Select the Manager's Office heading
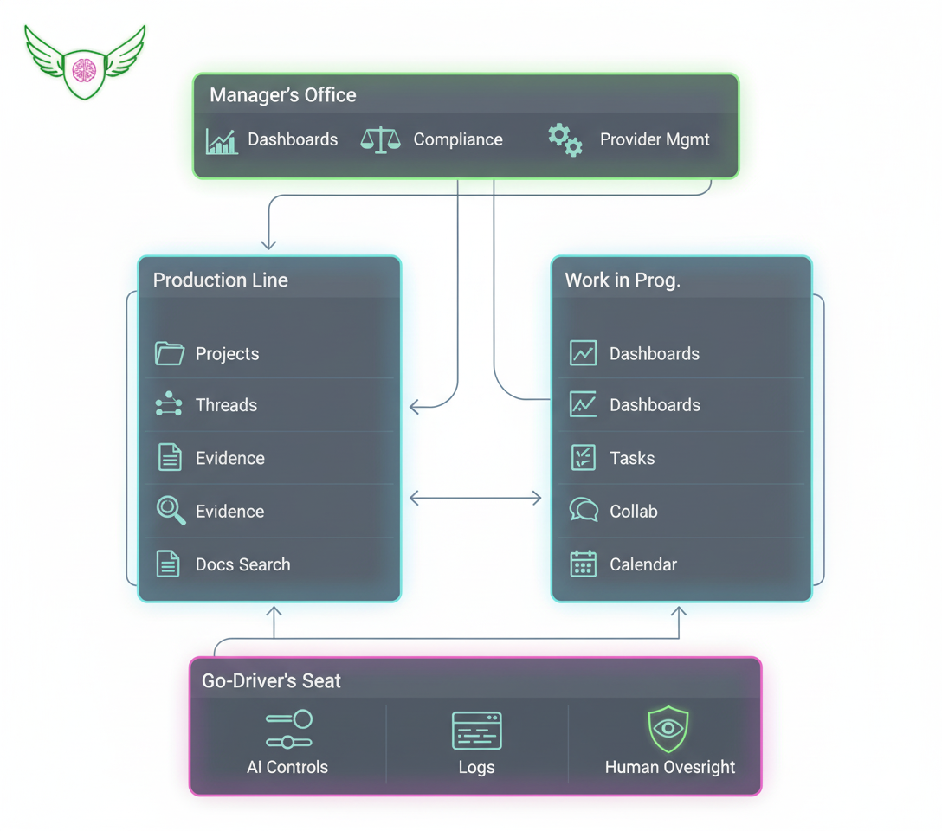pyautogui.click(x=282, y=95)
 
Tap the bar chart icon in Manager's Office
pyautogui.click(x=222, y=140)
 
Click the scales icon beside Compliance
pyautogui.click(x=380, y=140)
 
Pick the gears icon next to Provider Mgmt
pyautogui.click(x=565, y=139)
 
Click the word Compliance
pyautogui.click(x=457, y=140)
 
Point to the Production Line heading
pyautogui.click(x=220, y=280)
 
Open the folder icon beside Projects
pyautogui.click(x=170, y=353)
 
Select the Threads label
pyautogui.click(x=226, y=405)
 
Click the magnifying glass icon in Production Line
pyautogui.click(x=171, y=511)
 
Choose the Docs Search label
pyautogui.click(x=242, y=564)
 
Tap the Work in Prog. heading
pyautogui.click(x=622, y=280)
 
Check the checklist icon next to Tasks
pyautogui.click(x=584, y=457)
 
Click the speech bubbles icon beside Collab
pyautogui.click(x=584, y=510)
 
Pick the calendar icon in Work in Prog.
pyautogui.click(x=584, y=564)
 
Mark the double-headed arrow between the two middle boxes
pyautogui.click(x=475, y=498)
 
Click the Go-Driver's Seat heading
pyautogui.click(x=271, y=681)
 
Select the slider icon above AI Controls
pyautogui.click(x=288, y=730)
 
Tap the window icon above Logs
pyautogui.click(x=476, y=731)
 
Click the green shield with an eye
pyautogui.click(x=668, y=729)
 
